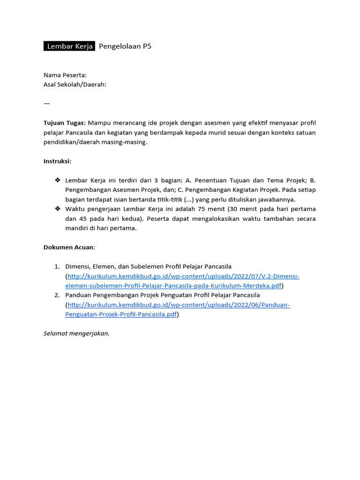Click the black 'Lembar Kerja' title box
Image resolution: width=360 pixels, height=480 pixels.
point(69,46)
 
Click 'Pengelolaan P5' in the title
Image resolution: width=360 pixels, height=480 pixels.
point(125,46)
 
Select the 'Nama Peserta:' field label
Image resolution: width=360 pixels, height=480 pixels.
point(65,75)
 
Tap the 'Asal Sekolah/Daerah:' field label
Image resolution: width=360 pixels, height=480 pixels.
point(75,84)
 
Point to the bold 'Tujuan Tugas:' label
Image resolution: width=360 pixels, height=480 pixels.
point(65,123)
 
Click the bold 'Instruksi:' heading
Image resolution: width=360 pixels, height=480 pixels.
point(58,161)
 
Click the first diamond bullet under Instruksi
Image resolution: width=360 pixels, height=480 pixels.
point(58,180)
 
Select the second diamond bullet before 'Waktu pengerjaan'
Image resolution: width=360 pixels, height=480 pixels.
point(58,209)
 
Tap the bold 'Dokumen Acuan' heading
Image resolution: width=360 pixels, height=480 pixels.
point(69,247)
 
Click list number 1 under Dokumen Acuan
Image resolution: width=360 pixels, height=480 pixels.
point(56,266)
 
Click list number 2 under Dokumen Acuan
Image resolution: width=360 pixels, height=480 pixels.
point(56,295)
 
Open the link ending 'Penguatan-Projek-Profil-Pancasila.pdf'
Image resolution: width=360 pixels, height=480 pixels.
point(122,315)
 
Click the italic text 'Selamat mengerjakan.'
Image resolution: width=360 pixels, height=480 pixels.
point(76,334)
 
